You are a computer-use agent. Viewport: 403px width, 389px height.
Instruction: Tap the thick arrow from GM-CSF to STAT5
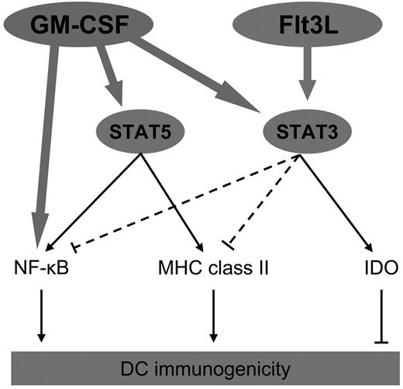(109, 77)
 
